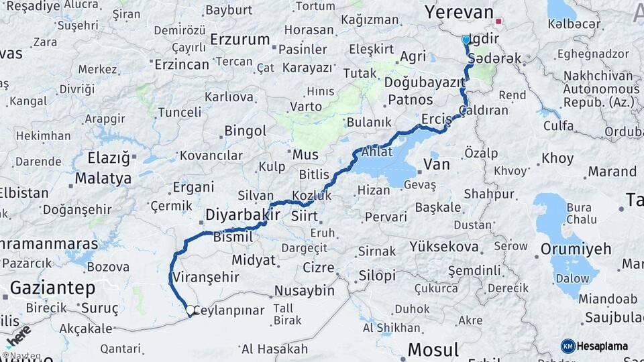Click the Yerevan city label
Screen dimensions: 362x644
coord(460,13)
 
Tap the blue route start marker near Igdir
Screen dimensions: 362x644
coord(466,40)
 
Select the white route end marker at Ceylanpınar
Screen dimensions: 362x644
coord(191,310)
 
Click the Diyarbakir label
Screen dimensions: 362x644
coord(242,215)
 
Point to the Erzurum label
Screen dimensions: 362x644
coord(239,40)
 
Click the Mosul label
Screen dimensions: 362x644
coord(434,349)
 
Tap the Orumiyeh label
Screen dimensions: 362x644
coord(578,249)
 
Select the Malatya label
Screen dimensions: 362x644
coord(103,178)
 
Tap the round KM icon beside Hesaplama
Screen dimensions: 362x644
coord(568,346)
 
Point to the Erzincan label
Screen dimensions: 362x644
coord(182,64)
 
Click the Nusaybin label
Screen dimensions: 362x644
coord(305,291)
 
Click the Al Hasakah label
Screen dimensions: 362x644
coord(274,349)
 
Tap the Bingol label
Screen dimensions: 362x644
coord(245,131)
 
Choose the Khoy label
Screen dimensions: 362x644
coord(557,159)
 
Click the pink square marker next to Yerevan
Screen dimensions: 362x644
coord(498,20)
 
